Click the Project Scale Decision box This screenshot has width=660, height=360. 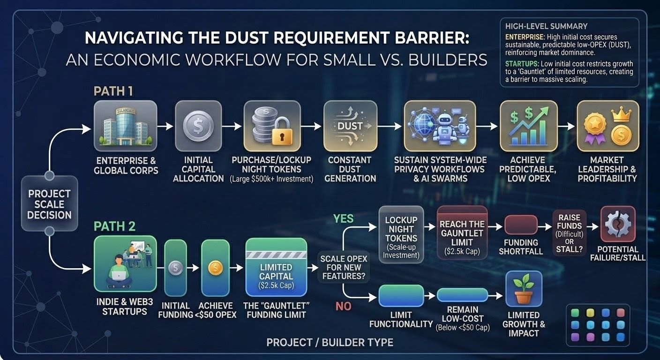49,204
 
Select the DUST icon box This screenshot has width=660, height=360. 350,126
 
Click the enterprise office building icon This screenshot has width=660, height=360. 125,126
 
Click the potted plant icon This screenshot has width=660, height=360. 524,289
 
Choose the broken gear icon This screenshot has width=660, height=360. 617,224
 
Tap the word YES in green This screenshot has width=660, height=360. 343,218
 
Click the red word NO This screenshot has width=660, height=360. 343,307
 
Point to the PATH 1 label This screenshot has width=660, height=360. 113,91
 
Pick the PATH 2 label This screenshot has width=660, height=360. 114,227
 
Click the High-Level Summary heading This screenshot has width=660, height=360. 546,26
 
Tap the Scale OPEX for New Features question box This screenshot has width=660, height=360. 344,267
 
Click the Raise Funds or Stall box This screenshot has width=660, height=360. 569,233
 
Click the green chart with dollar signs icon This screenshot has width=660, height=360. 528,126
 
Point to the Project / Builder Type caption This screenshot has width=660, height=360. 330,343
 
